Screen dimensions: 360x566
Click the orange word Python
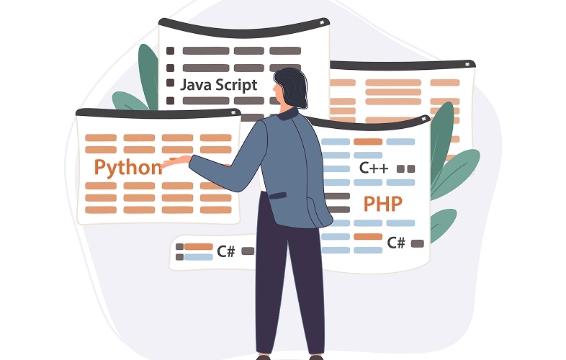[127, 168]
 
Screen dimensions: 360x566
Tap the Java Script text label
[218, 85]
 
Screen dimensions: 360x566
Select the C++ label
[374, 169]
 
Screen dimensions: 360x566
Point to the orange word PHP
[382, 204]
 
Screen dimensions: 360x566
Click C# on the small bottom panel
[226, 251]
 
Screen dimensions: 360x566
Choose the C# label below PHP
[396, 243]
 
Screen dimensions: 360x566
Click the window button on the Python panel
[234, 112]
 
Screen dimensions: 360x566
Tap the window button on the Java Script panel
[322, 24]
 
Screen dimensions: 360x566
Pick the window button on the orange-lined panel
[467, 65]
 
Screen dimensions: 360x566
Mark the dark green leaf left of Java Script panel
[148, 76]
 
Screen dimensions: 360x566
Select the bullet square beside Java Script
[170, 84]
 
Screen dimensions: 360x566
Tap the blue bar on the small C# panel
[198, 256]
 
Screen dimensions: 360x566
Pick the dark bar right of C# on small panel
[248, 251]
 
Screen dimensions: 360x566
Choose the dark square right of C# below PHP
[417, 243]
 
